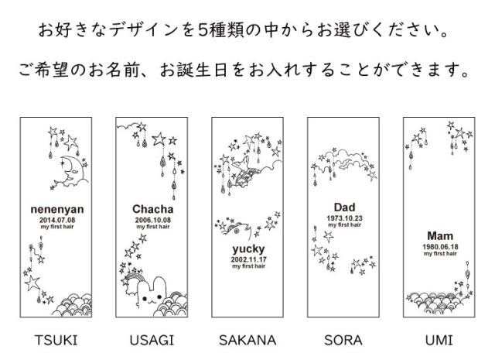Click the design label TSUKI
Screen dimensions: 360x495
(x=56, y=340)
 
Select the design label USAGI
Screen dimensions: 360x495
(x=152, y=340)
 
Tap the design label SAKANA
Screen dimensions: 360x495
(x=247, y=340)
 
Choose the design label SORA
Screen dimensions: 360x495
(x=343, y=340)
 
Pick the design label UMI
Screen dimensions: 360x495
(x=439, y=340)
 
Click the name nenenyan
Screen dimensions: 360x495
(x=56, y=209)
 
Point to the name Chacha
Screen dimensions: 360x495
(x=152, y=208)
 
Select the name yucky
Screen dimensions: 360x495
(x=247, y=249)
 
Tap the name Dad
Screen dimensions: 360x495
(x=343, y=207)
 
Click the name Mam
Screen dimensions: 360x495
(x=439, y=235)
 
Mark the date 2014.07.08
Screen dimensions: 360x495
(x=56, y=219)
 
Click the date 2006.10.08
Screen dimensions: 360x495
(x=152, y=219)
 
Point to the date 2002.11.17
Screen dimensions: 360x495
(x=247, y=259)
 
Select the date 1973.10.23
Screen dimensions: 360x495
(x=343, y=218)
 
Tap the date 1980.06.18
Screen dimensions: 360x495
(x=439, y=245)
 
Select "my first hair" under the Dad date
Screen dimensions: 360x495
(x=343, y=225)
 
